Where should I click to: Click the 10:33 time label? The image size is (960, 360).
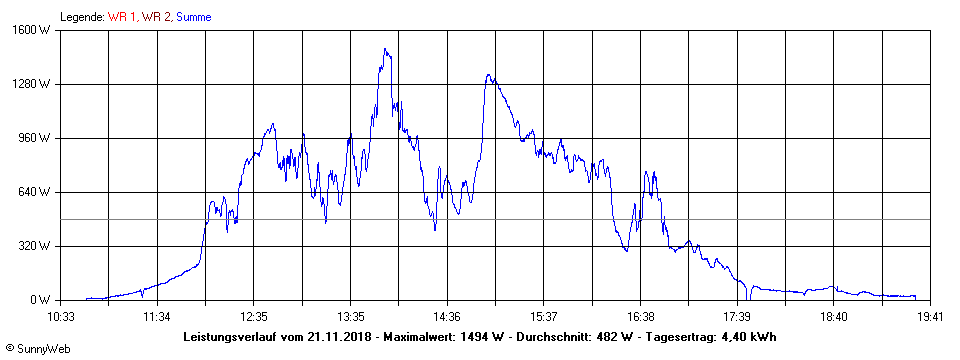[x=61, y=316]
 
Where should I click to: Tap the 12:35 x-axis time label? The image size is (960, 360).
[x=254, y=316]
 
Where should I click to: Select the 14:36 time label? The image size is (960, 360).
[x=447, y=316]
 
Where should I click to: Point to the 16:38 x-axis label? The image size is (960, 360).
[x=640, y=316]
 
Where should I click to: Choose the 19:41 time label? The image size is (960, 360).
[x=930, y=316]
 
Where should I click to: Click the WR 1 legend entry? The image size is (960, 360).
[x=124, y=17]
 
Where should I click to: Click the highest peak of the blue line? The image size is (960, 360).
[x=385, y=49]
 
